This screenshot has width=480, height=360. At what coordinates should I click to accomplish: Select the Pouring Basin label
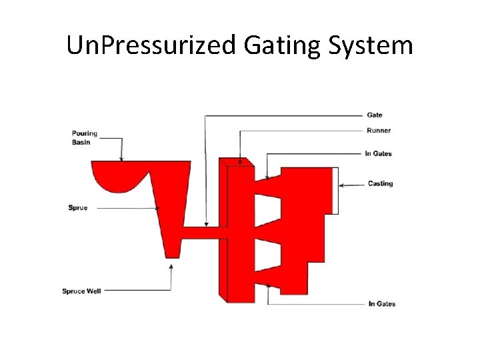point(85,137)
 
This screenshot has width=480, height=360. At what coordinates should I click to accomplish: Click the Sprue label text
point(78,208)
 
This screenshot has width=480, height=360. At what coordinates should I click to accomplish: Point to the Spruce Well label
point(81,291)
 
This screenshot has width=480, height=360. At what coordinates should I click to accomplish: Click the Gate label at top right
point(375,115)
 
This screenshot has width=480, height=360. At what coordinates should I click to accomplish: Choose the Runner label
point(379,130)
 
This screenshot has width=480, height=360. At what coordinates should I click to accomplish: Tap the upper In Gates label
point(379,153)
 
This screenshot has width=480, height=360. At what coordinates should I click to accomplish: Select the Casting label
point(381,183)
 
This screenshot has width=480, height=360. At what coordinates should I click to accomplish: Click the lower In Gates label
point(382,304)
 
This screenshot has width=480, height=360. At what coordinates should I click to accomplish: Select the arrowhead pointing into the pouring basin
point(121,158)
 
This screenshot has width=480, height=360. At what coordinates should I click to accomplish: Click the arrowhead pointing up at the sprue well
point(171,266)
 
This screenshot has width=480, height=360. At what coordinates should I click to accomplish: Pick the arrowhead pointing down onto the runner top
point(239,159)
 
